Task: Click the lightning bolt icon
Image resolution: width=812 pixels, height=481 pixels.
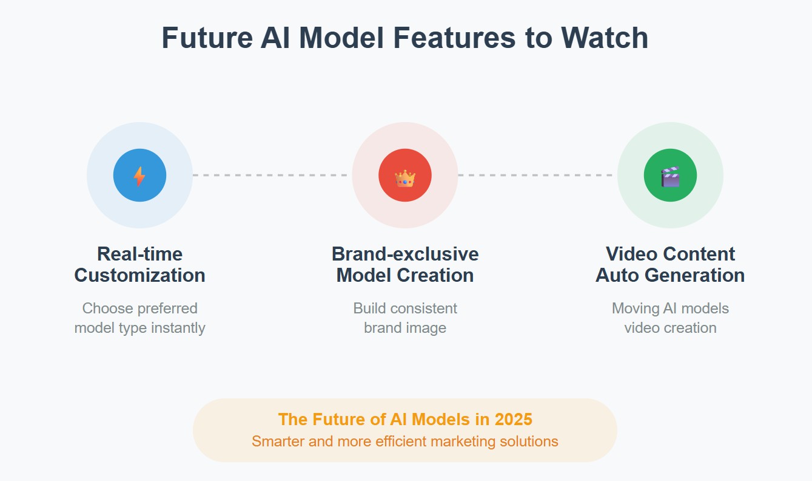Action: [x=139, y=176]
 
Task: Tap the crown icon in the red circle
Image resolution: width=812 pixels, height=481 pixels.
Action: [x=405, y=177]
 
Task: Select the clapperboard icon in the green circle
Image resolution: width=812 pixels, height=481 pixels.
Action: [x=670, y=176]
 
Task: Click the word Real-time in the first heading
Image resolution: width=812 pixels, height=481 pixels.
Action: [x=139, y=254]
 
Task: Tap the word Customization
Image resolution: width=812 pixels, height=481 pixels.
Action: [x=139, y=275]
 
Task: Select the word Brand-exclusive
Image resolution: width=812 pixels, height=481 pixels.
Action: [x=405, y=254]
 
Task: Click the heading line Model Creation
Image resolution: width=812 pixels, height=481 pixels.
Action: [x=405, y=275]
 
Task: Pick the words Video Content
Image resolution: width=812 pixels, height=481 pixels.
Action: [x=670, y=254]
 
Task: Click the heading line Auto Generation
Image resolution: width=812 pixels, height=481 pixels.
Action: [x=670, y=275]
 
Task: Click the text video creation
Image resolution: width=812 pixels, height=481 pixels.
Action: [x=670, y=328]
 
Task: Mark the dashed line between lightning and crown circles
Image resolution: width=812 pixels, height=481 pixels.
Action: [x=272, y=175]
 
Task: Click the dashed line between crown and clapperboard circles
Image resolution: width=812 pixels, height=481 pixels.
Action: [x=537, y=175]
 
